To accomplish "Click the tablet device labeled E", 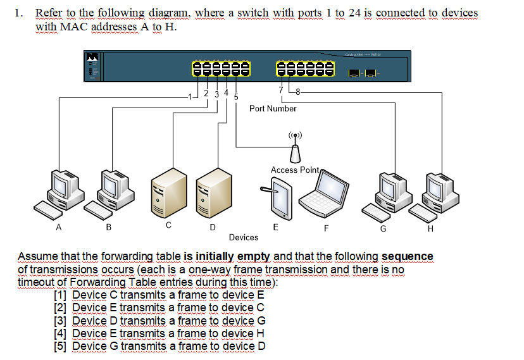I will [x=275, y=198].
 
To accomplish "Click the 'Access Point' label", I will [x=295, y=170].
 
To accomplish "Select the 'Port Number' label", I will [x=273, y=109].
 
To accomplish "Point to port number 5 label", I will [x=236, y=97].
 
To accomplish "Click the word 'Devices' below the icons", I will [x=244, y=237].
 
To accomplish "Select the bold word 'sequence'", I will [x=408, y=256].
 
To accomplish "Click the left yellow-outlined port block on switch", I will [x=220, y=68].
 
